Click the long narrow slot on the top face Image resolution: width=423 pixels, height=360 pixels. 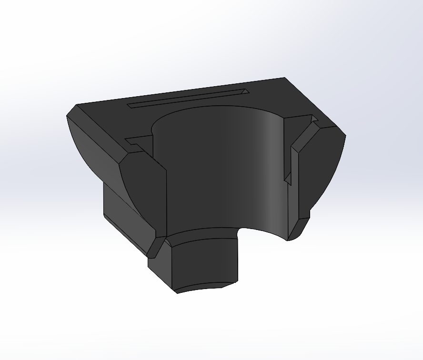click(186, 98)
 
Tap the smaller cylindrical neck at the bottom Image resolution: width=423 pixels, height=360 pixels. click(205, 262)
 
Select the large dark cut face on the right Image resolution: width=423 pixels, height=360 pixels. click(319, 171)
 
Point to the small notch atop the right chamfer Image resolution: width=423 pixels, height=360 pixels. click(314, 121)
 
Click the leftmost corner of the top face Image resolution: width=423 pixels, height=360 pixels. click(68, 116)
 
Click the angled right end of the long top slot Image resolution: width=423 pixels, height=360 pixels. click(245, 91)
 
